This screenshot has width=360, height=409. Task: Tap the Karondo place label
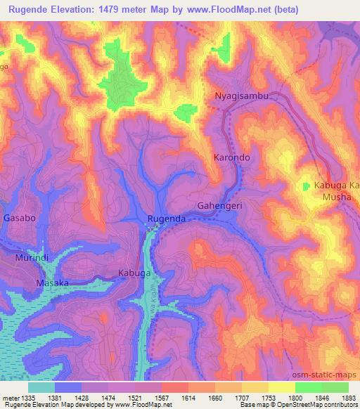[x=231, y=158]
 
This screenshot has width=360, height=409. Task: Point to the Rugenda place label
[x=167, y=219]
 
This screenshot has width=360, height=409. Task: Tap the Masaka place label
[x=52, y=283]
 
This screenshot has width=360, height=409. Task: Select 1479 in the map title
[x=128, y=10]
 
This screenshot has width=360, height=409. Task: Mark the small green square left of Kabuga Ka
[x=306, y=186]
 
